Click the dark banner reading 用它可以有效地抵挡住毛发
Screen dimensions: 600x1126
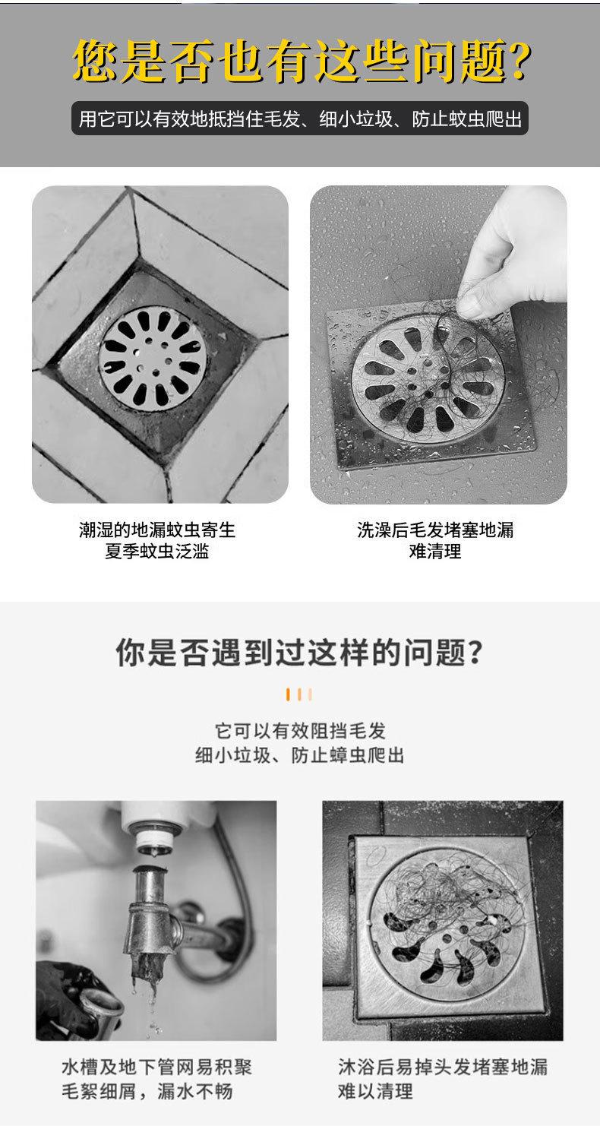coord(299,119)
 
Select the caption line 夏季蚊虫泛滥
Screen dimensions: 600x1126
coord(156,552)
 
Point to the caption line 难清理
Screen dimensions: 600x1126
coord(435,552)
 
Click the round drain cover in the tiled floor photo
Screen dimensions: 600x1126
coord(153,359)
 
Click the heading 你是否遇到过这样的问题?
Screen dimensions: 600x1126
coord(299,653)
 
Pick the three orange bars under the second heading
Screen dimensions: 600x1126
coord(299,694)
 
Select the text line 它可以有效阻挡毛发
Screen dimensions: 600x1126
coord(300,730)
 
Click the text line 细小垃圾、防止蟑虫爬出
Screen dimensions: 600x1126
coord(300,755)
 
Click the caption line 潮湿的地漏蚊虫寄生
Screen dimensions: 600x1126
coord(157,530)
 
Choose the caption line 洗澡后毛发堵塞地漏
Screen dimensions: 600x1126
coord(435,530)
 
